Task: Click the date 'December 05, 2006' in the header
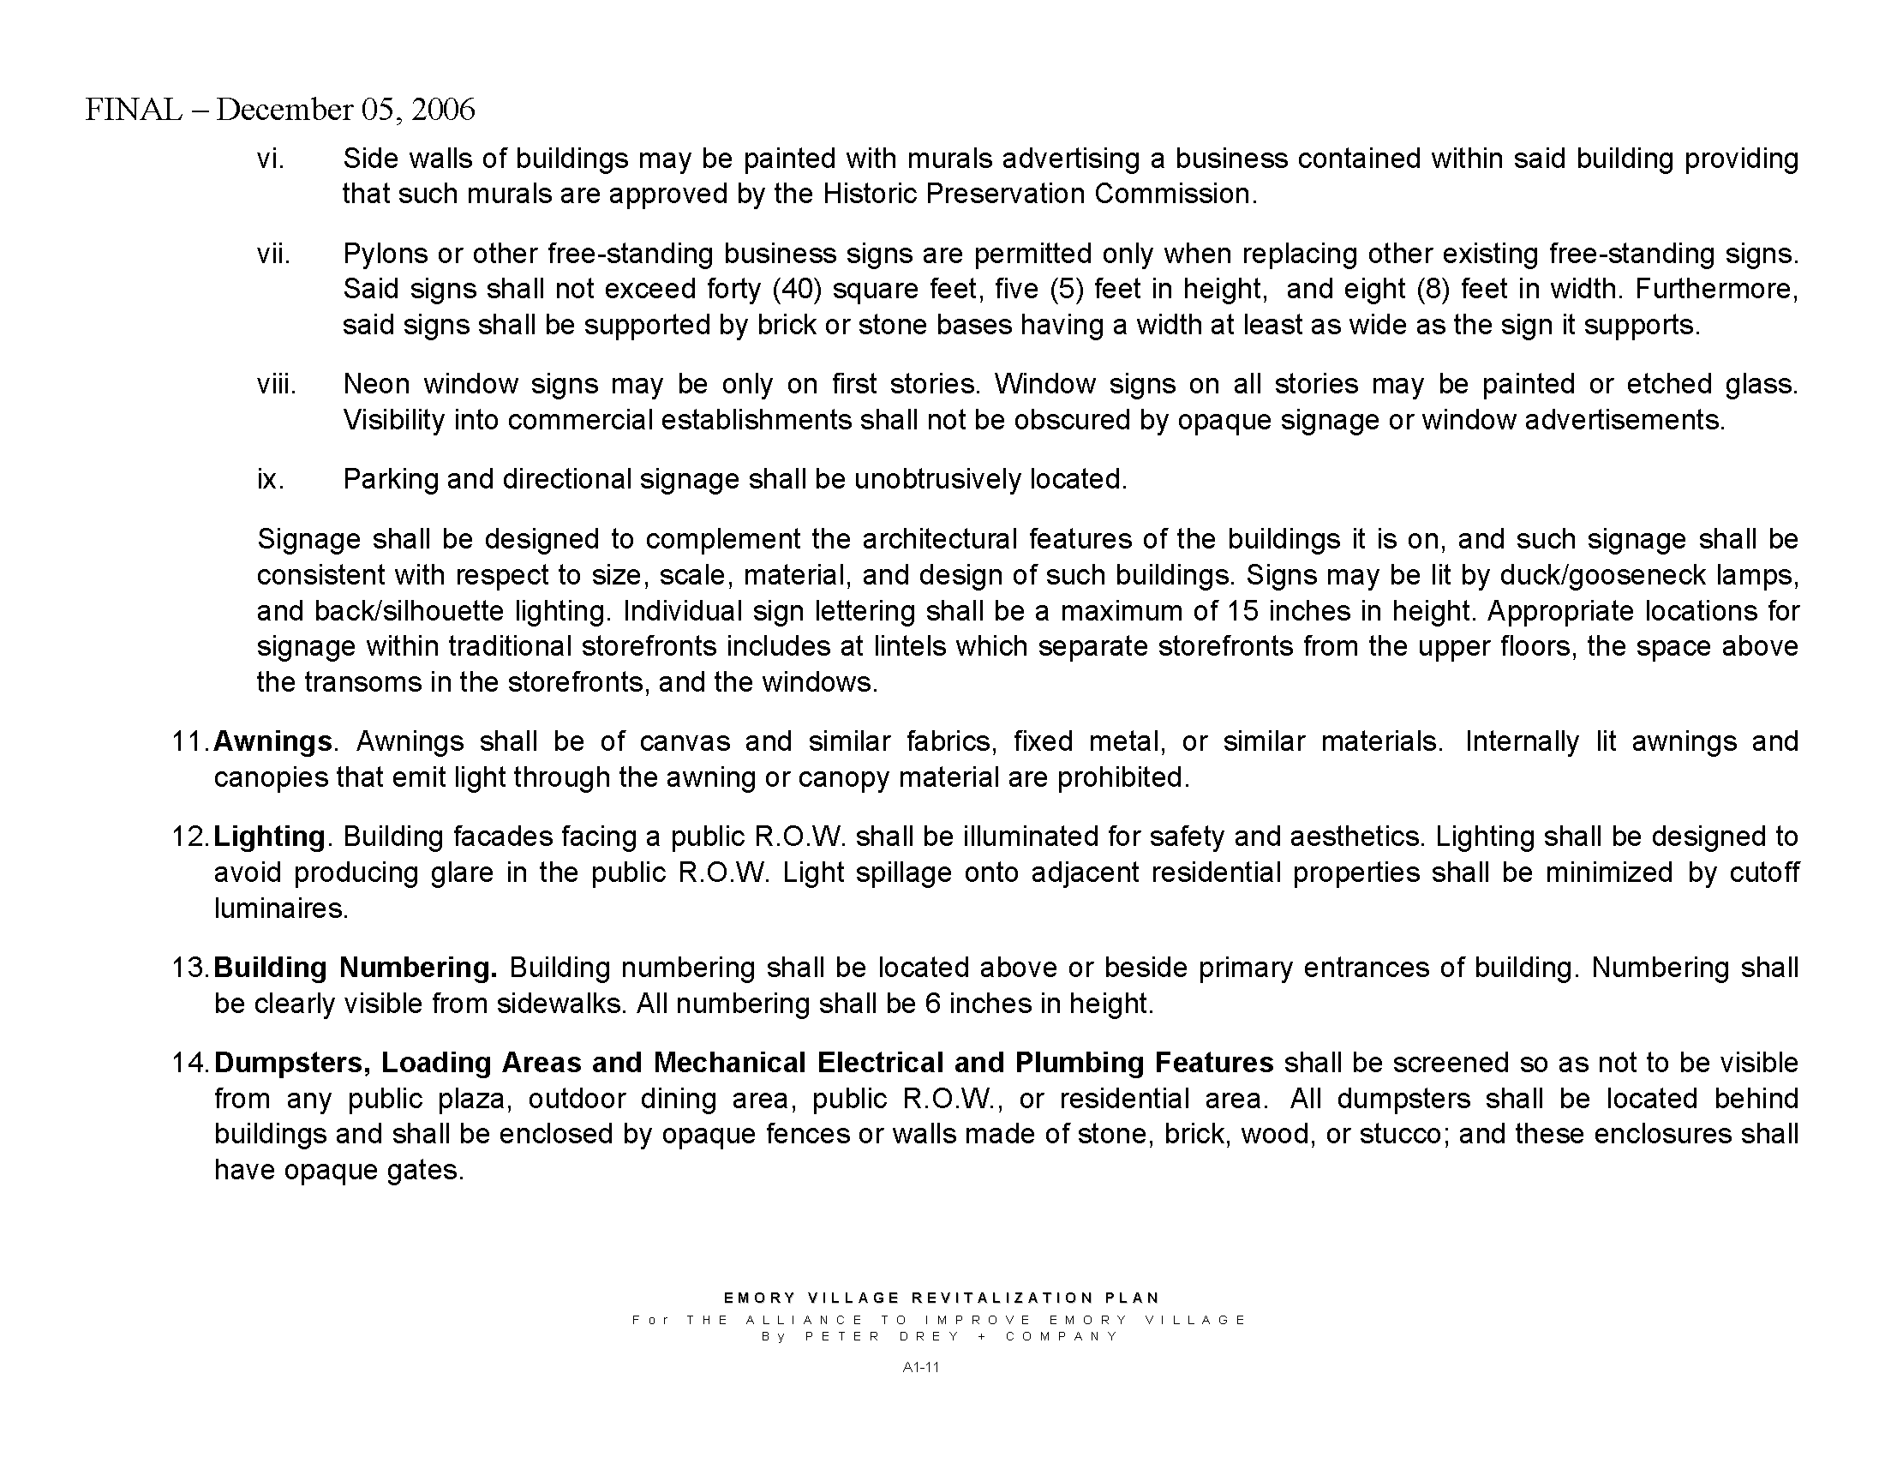[345, 110]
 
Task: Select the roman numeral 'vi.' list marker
[270, 159]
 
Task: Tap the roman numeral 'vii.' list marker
[272, 254]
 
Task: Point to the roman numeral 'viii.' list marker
[276, 384]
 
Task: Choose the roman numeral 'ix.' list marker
[270, 479]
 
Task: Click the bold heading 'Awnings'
[272, 741]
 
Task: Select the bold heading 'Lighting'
[269, 836]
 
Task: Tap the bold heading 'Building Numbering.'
[356, 968]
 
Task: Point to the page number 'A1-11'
[920, 1367]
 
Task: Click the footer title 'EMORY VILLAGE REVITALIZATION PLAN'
[942, 1298]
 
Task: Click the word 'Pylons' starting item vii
[385, 255]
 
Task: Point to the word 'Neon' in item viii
[376, 384]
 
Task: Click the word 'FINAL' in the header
[134, 110]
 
